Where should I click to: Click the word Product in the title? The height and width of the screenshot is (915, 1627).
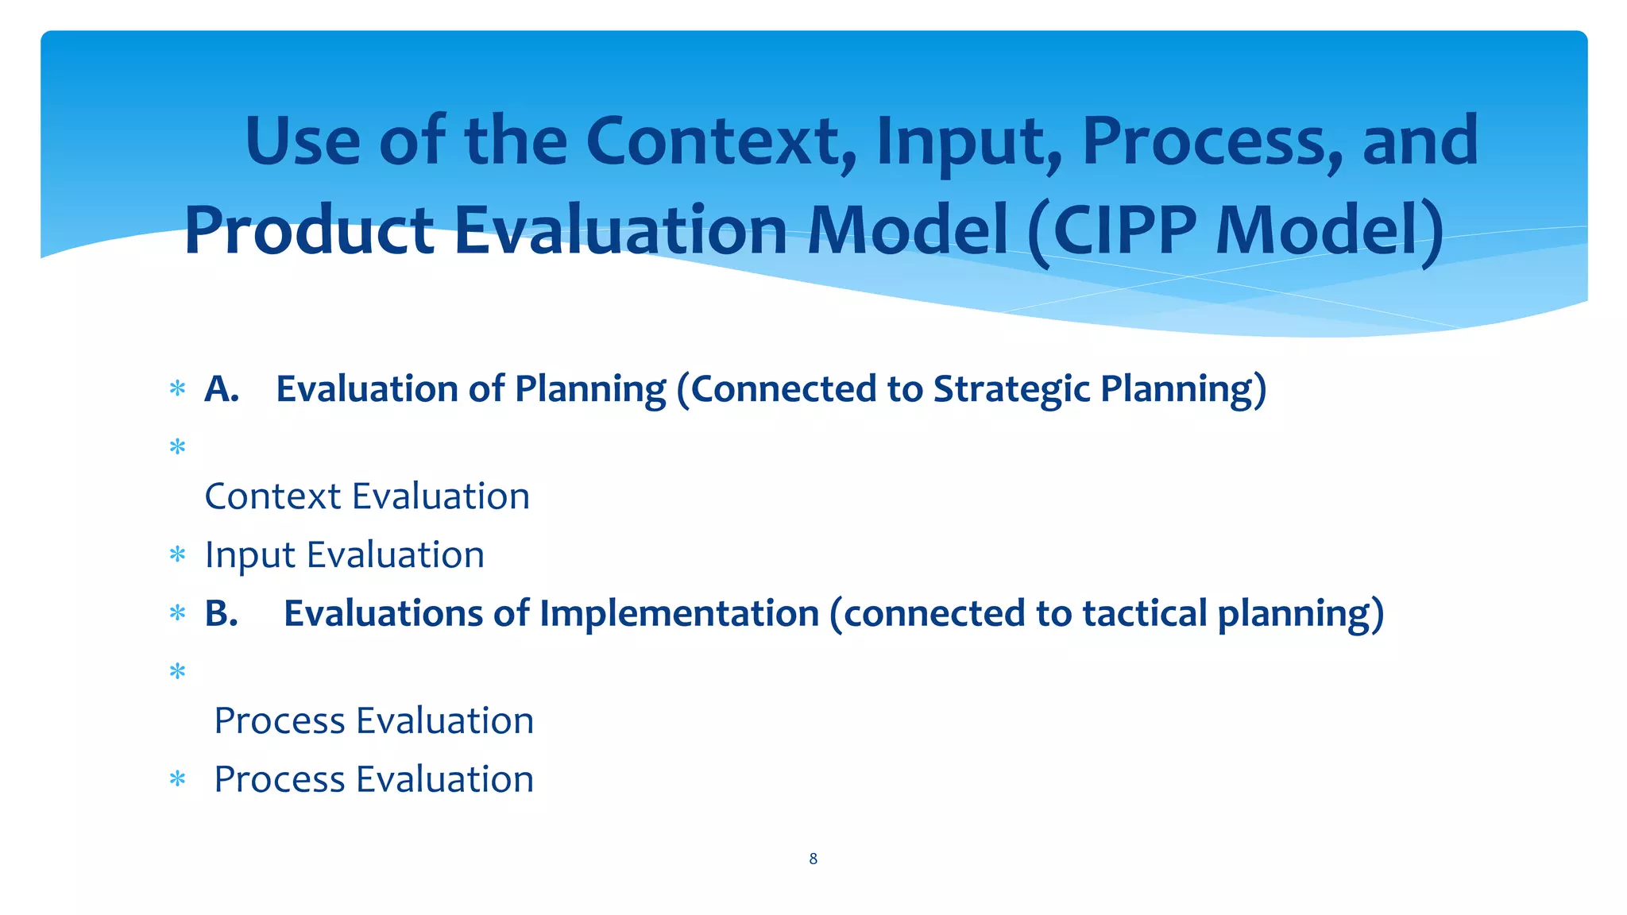click(309, 231)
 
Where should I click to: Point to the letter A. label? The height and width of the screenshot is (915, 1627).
click(222, 389)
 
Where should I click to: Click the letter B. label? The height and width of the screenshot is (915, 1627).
click(222, 613)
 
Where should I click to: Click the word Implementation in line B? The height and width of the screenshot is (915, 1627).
click(679, 613)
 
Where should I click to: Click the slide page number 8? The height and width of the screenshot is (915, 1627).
click(813, 859)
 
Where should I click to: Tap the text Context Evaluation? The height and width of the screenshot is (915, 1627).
click(367, 496)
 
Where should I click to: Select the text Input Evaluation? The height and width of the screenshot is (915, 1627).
click(345, 554)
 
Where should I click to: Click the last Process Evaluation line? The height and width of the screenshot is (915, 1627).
click(373, 779)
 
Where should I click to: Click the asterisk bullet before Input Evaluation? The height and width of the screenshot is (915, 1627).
click(177, 554)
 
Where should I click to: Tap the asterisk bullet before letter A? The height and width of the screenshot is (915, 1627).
click(177, 389)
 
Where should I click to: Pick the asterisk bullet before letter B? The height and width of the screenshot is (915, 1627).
click(177, 613)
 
